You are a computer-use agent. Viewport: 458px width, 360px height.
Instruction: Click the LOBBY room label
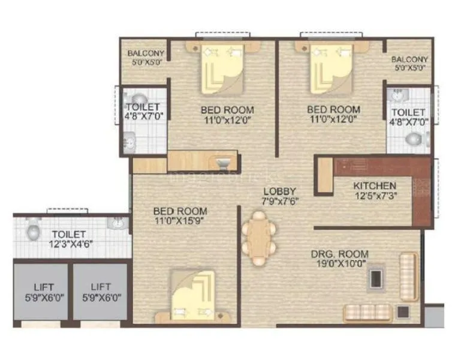click(280, 191)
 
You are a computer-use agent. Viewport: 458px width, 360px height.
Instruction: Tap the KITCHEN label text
click(374, 185)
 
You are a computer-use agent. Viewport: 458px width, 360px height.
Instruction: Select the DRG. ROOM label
click(339, 254)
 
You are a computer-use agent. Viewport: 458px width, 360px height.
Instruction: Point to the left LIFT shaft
click(40, 291)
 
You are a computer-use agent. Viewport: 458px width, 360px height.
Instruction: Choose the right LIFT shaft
click(100, 291)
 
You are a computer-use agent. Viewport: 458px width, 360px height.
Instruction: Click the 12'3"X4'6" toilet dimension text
click(68, 244)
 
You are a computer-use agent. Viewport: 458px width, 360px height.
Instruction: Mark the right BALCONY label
click(409, 59)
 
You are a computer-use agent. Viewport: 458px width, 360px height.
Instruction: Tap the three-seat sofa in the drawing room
click(367, 312)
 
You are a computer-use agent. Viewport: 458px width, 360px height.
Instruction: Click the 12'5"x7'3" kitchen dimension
click(374, 195)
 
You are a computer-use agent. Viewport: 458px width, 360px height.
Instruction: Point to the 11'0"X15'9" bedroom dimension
click(180, 221)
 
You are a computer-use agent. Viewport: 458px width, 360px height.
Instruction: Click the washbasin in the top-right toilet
click(397, 95)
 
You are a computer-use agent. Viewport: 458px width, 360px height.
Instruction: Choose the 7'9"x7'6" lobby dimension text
click(280, 201)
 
